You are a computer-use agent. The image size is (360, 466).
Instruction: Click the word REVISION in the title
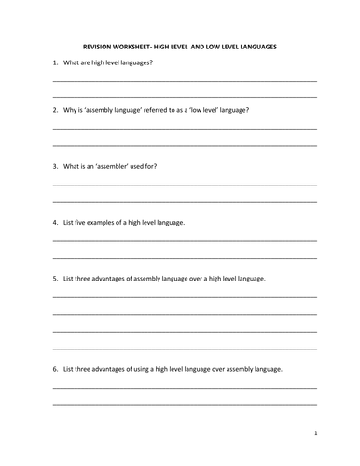97,46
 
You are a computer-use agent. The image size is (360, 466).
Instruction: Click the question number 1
54,62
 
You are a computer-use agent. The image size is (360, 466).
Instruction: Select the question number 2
54,110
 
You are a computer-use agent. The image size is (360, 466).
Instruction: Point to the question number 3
54,166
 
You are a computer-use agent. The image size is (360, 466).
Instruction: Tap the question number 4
54,222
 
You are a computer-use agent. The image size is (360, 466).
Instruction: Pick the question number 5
54,278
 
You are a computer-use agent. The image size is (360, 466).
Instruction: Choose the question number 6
54,368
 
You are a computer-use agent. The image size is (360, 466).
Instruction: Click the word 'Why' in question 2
71,110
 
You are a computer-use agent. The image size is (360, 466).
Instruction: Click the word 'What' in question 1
72,62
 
